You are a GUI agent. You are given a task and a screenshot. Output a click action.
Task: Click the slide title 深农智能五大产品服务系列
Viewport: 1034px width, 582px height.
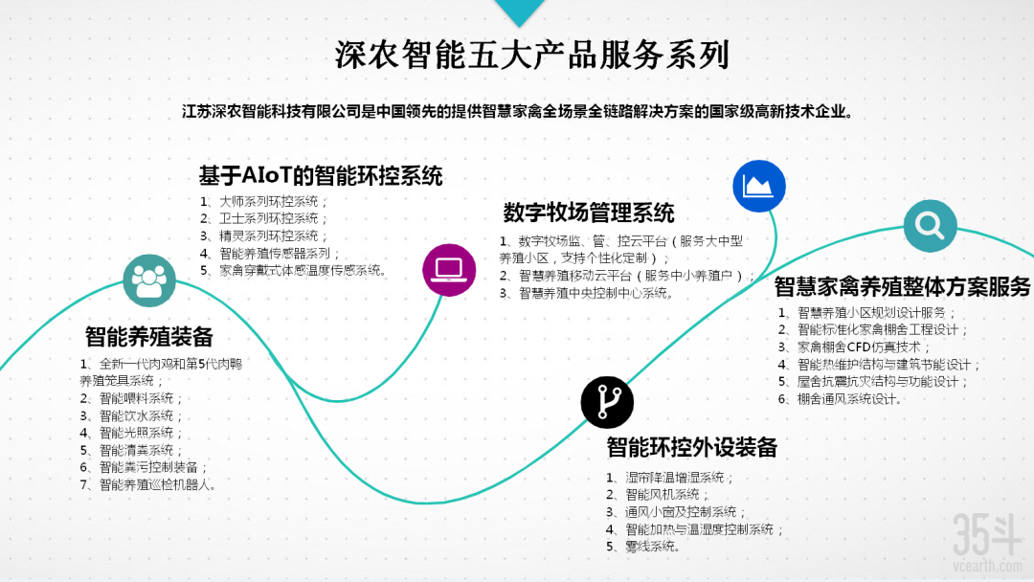pos(531,55)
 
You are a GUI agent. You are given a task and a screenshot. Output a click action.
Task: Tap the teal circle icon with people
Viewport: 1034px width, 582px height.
pos(149,280)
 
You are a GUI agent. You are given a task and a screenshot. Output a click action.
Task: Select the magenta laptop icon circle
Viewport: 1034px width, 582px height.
pos(449,269)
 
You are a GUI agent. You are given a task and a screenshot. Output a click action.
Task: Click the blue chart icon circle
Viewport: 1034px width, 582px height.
pos(759,185)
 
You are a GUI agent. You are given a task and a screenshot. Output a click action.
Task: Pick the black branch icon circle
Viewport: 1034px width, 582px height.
pos(607,402)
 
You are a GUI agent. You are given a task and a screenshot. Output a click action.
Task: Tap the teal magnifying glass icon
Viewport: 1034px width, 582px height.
pos(930,226)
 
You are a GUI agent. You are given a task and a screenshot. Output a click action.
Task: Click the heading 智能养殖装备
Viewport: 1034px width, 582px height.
pos(148,337)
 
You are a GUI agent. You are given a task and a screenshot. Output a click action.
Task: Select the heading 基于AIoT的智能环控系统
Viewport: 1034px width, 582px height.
pos(321,176)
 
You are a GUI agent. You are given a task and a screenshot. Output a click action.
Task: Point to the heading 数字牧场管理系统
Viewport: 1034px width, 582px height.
pos(589,212)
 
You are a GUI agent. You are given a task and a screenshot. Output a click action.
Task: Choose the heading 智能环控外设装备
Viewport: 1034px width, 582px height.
pos(691,446)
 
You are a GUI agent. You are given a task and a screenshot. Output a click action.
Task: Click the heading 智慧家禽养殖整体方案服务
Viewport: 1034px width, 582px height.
pos(902,286)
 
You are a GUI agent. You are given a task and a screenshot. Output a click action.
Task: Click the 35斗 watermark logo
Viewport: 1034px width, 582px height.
pos(987,537)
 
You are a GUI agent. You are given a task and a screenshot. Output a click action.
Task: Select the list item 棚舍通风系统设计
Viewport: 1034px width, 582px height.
pos(849,398)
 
